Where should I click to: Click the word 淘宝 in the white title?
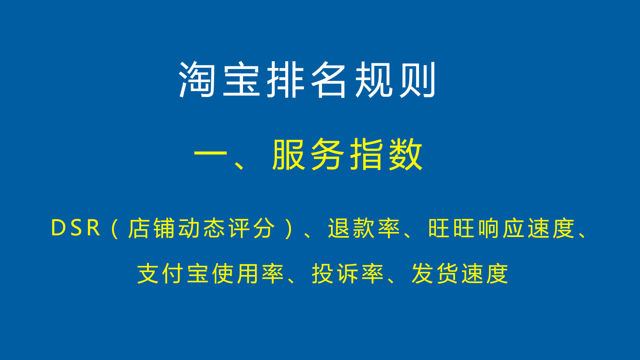click(219, 80)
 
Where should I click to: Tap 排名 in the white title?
click(307, 80)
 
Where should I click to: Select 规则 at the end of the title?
click(395, 80)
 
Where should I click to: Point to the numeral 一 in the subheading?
click(210, 154)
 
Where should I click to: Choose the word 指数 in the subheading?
click(386, 154)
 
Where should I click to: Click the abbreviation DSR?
click(76, 228)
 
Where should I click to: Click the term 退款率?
click(364, 228)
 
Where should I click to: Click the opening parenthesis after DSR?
click(114, 229)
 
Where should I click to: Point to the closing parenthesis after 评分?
click(289, 229)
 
